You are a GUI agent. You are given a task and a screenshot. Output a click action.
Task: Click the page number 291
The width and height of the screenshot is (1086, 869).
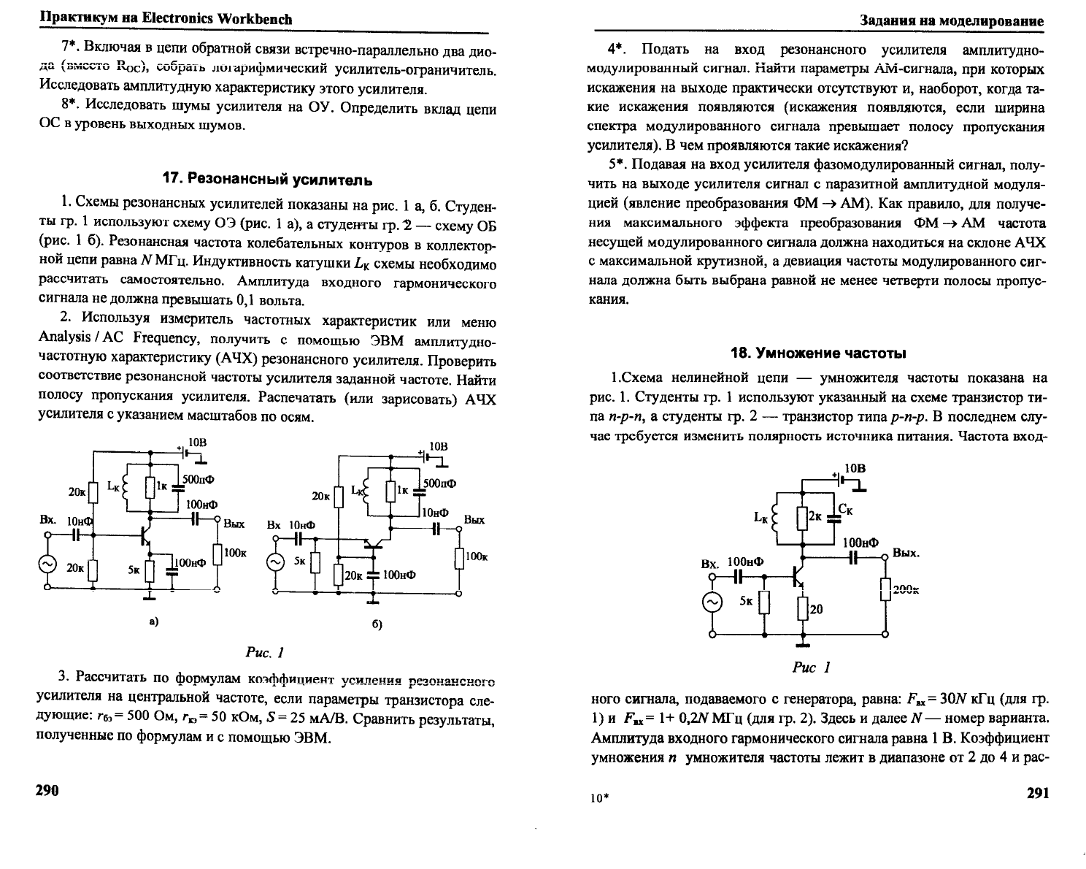coord(1036,794)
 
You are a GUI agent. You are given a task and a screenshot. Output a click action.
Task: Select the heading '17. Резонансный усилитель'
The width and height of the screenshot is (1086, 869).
coord(267,180)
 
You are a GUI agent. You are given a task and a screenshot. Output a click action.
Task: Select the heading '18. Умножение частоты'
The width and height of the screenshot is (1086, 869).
coord(818,353)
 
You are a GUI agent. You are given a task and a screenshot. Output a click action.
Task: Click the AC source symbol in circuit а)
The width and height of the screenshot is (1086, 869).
coord(47,564)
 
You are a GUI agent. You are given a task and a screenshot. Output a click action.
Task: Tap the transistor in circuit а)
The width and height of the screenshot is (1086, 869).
coord(145,537)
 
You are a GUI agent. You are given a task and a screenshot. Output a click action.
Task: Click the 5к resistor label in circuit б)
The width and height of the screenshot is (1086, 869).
coord(300,562)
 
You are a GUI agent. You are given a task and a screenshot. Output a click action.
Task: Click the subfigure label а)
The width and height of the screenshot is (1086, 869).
coord(153,621)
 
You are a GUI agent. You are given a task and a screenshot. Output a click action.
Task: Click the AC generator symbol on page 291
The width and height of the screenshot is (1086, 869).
coord(712,602)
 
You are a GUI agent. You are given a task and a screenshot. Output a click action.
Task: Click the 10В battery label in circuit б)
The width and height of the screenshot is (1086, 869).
coord(439,445)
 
